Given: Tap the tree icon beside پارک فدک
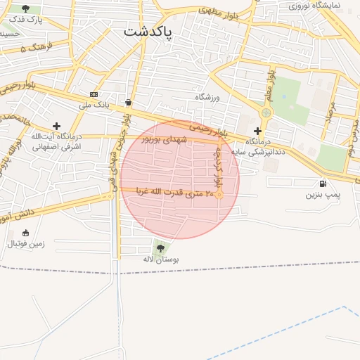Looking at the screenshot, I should coord(26,9).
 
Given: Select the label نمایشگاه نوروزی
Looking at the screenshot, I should coord(314,6).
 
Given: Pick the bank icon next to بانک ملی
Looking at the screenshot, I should coord(94,94).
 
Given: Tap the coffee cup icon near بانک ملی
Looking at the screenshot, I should coord(128,102).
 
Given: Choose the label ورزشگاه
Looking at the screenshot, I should coord(207,97).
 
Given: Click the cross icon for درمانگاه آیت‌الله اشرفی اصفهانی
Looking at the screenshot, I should coord(57,126).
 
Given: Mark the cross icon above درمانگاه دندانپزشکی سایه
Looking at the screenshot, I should coord(257,131).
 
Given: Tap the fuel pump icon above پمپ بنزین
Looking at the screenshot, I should coord(323,184).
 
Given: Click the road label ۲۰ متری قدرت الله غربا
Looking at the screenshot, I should coord(174,191).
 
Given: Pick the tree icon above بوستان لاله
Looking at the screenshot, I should coord(160,247).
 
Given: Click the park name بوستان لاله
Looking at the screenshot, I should coord(160,259).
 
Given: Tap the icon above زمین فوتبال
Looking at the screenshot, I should coord(26,233).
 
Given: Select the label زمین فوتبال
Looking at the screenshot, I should coord(26,244).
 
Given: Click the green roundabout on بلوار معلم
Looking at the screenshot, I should coord(266,112).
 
